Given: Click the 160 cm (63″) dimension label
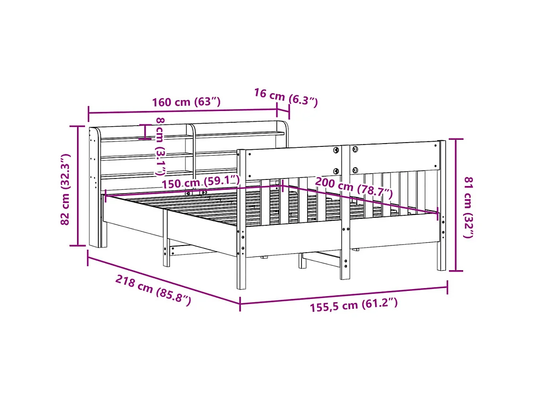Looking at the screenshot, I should point(186,102).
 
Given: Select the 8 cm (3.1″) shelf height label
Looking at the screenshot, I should point(161,146).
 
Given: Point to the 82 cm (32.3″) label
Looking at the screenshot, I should point(66,189).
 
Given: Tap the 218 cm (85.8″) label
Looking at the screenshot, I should point(153,290).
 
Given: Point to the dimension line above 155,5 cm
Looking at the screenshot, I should point(344,294).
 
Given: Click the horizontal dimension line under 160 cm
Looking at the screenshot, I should point(183,112).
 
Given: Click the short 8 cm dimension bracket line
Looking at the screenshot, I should point(146,132).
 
